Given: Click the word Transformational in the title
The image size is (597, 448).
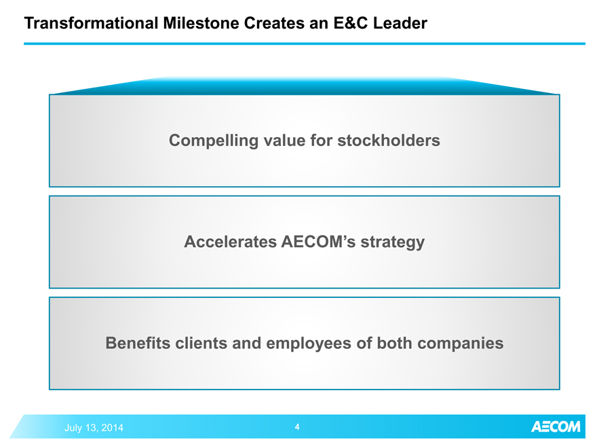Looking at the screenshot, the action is pos(92,23).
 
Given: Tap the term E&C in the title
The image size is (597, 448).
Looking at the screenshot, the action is pos(351,23).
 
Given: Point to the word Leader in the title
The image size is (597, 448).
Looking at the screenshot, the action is pos(400,23).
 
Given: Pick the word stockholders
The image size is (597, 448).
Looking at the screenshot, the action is pos(389,141).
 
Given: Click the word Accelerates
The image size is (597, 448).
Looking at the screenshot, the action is pos(231,242).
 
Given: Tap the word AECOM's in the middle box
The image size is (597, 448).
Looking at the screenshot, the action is pos(319,242).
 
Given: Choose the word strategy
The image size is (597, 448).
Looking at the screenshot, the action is pos(393,242).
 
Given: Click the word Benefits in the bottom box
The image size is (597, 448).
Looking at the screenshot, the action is pos(138,343).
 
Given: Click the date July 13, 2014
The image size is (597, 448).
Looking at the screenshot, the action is pos(94,428).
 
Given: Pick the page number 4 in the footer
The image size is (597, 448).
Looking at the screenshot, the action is pos(297,427).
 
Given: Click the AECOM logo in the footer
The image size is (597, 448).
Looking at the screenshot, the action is pos(556,427).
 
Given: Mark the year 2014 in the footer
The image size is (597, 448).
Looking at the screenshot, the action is pos(112,428).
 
